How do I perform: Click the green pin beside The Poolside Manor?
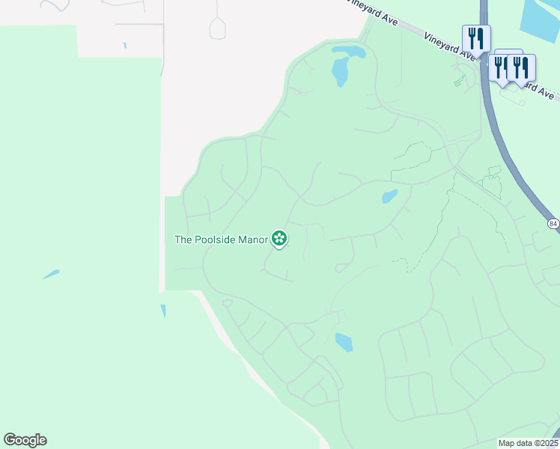(279, 239)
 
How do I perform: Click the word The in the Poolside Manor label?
(183, 240)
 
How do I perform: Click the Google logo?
(25, 440)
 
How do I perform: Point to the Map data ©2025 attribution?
(528, 443)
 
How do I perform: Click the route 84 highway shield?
(553, 224)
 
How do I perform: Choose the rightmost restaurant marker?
(521, 67)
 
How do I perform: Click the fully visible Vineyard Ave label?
(450, 46)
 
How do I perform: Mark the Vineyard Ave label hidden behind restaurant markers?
(541, 89)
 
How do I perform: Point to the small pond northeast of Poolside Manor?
(389, 197)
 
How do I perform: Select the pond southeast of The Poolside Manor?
(344, 342)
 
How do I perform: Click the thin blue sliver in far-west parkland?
(51, 274)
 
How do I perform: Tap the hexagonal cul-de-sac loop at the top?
(218, 29)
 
